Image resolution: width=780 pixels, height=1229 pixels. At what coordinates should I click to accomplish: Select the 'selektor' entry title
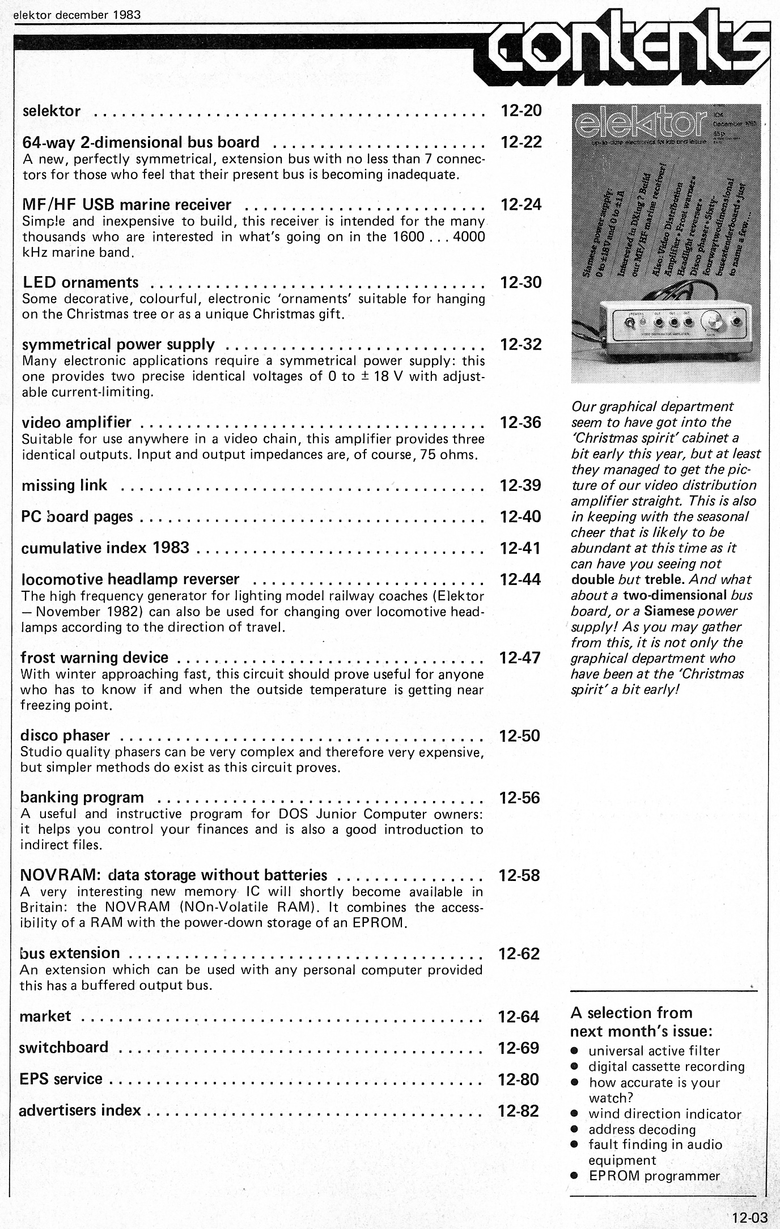coord(52,111)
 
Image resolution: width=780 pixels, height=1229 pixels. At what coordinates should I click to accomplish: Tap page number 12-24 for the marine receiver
coord(522,205)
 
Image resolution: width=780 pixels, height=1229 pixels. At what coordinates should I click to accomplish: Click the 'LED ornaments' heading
coord(80,282)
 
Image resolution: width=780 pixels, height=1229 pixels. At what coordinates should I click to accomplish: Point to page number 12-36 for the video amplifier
coord(521,422)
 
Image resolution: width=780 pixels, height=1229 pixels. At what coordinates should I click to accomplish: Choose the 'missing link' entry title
coord(64,485)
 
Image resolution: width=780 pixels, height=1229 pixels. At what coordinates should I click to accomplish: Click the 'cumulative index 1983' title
coord(105,548)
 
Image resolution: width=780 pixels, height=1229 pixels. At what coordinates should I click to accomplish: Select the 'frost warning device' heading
coord(94,658)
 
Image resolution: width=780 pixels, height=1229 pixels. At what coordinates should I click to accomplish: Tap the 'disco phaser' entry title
coord(65,736)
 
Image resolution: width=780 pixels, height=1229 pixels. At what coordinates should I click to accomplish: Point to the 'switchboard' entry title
coord(63,1047)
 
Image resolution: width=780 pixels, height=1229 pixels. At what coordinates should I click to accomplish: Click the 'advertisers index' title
coord(80,1110)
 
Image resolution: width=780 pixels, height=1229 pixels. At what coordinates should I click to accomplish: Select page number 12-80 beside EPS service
coord(519,1079)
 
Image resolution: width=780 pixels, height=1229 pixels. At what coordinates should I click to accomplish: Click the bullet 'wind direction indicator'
coord(664,1114)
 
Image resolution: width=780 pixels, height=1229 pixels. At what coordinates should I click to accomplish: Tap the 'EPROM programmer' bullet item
coord(654,1176)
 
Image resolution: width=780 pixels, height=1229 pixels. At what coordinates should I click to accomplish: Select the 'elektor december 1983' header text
coord(77,15)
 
